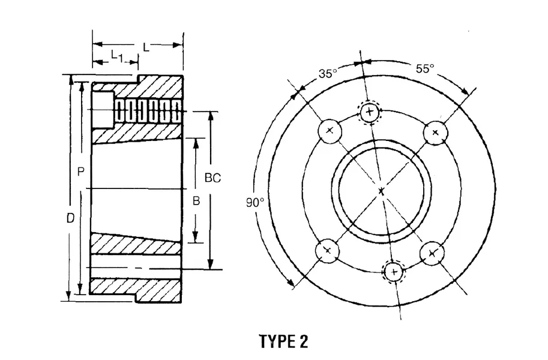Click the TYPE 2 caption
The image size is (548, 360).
click(283, 341)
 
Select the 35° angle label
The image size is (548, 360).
click(328, 74)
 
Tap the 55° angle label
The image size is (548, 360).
click(424, 68)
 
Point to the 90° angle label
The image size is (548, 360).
click(254, 203)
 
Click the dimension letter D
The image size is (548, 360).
click(70, 220)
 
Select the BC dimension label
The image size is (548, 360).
click(212, 178)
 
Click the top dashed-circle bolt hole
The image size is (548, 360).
click(370, 111)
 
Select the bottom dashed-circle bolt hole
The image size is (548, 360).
click(394, 271)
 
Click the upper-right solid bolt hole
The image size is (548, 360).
click(435, 132)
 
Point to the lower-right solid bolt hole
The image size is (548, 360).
click(431, 253)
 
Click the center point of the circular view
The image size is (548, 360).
click(382, 191)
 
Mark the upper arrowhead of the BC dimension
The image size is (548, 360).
click(210, 115)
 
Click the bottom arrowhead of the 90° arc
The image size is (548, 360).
click(292, 284)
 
